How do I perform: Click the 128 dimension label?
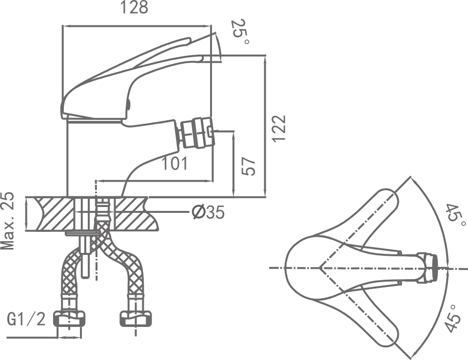tap(135, 8)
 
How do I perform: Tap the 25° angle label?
tap(241, 32)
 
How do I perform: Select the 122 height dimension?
tap(279, 129)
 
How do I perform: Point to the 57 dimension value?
tap(249, 167)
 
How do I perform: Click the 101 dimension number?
tap(175, 164)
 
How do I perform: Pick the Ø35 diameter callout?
tap(208, 212)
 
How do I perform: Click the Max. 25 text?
tap(7, 221)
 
